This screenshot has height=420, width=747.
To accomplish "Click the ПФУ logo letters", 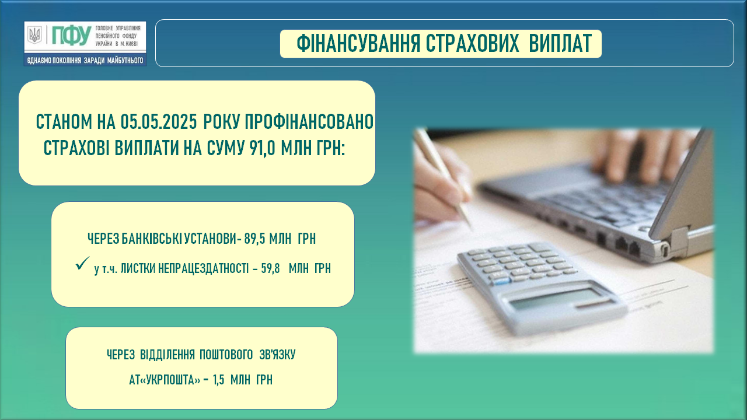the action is pyautogui.click(x=71, y=36).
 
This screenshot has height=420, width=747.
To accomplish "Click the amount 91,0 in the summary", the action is pyautogui.click(x=262, y=148).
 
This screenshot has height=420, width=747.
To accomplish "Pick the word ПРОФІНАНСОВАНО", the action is pyautogui.click(x=309, y=122).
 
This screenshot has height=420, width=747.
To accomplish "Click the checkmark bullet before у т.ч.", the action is pyautogui.click(x=82, y=263).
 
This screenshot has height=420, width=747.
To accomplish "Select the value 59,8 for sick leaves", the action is pyautogui.click(x=270, y=268).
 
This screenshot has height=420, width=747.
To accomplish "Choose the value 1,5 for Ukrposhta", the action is pyautogui.click(x=218, y=380).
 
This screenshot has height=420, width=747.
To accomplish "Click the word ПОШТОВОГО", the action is pyautogui.click(x=226, y=355).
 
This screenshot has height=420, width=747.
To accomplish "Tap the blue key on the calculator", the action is pyautogui.click(x=501, y=282).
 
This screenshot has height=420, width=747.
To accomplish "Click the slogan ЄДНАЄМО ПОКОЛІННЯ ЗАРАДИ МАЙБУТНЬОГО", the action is pyautogui.click(x=85, y=61).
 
